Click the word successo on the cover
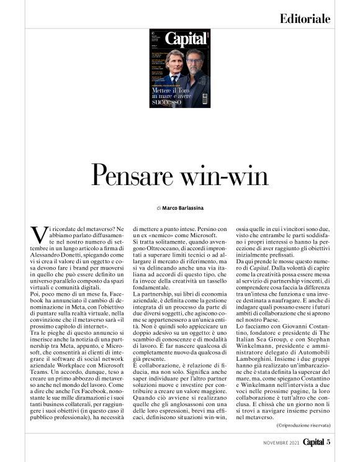coord(168,103)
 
